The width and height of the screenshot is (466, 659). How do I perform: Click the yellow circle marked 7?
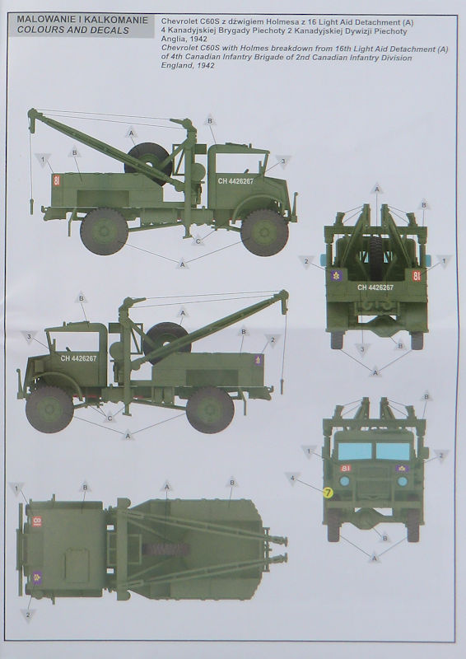pos(328,493)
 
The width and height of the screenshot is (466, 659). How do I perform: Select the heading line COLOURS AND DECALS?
pos(73,30)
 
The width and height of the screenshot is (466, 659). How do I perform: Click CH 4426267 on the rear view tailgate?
pos(375,287)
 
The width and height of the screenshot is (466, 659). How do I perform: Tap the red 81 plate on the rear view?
pos(416,276)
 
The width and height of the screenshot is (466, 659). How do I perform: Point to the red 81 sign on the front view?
pos(346,468)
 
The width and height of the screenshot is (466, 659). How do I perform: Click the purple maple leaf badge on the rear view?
pos(336,276)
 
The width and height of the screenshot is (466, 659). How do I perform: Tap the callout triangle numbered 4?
pos(292,479)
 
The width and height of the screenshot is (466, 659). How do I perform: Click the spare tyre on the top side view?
pos(148,164)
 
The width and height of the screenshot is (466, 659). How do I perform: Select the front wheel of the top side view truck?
pos(265,232)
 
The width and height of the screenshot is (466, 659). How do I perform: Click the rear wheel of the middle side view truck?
pos(210,410)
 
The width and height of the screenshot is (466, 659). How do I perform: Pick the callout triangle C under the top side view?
pos(198,241)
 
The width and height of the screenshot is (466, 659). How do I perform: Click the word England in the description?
pos(175,66)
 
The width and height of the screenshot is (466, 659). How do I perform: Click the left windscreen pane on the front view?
pos(355,451)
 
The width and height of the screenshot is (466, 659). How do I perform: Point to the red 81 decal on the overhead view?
pos(36,521)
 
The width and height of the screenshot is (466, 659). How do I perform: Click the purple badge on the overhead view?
pos(37,577)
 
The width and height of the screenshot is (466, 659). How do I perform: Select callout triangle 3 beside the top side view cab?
pos(283,161)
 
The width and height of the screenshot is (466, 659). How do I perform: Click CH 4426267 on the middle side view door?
pos(78,358)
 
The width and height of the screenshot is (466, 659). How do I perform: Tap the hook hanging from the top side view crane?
pos(31,206)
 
